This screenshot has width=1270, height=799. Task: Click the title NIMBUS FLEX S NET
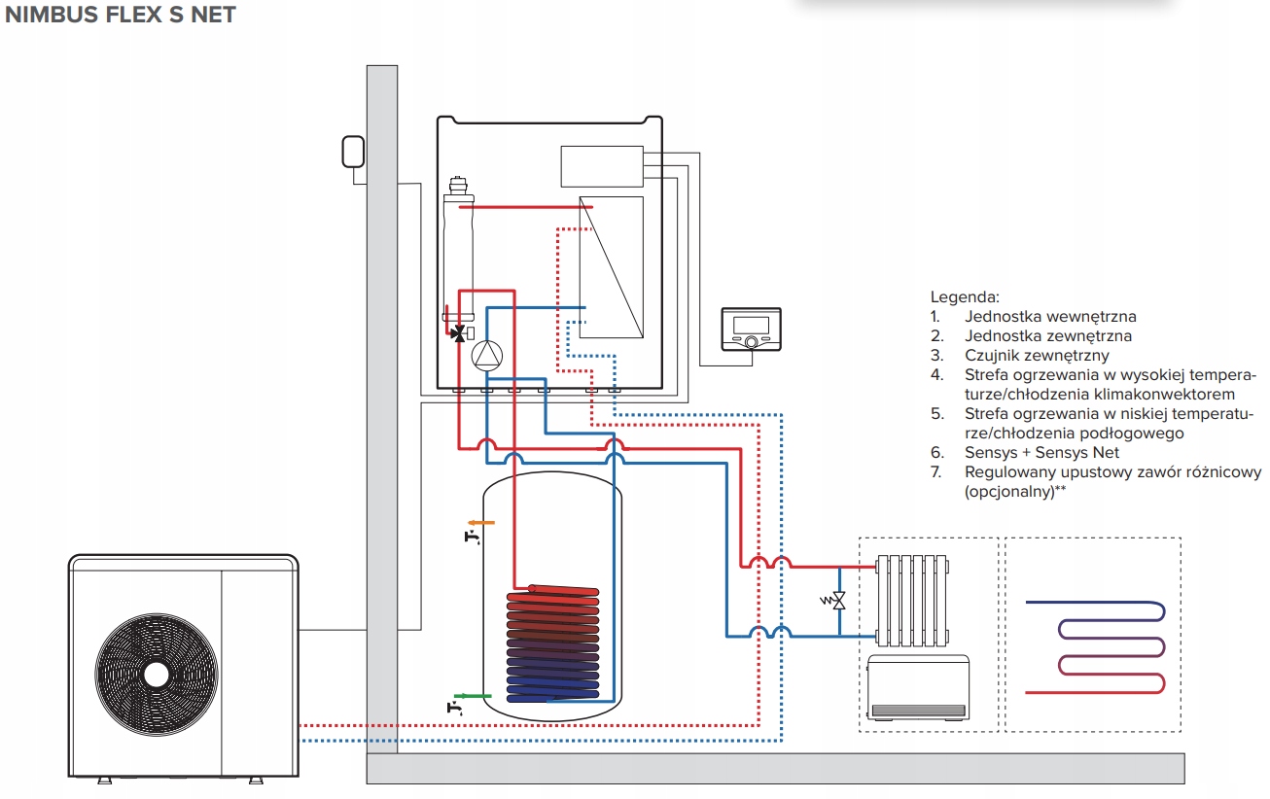(121, 16)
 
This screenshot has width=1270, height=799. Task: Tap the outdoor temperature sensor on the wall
(353, 152)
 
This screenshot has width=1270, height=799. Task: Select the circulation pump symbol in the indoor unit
(485, 357)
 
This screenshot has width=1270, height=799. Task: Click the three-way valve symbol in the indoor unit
(458, 332)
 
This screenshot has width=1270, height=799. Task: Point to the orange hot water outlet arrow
(483, 522)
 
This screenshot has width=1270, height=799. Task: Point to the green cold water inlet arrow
(475, 695)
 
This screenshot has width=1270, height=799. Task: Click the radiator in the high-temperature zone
(911, 600)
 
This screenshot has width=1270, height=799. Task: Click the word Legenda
(965, 296)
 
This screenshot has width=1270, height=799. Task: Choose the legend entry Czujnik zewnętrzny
(1037, 355)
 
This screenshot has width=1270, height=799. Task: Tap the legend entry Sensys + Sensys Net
(1041, 452)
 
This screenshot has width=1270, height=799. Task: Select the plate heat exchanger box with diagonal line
(611, 266)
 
